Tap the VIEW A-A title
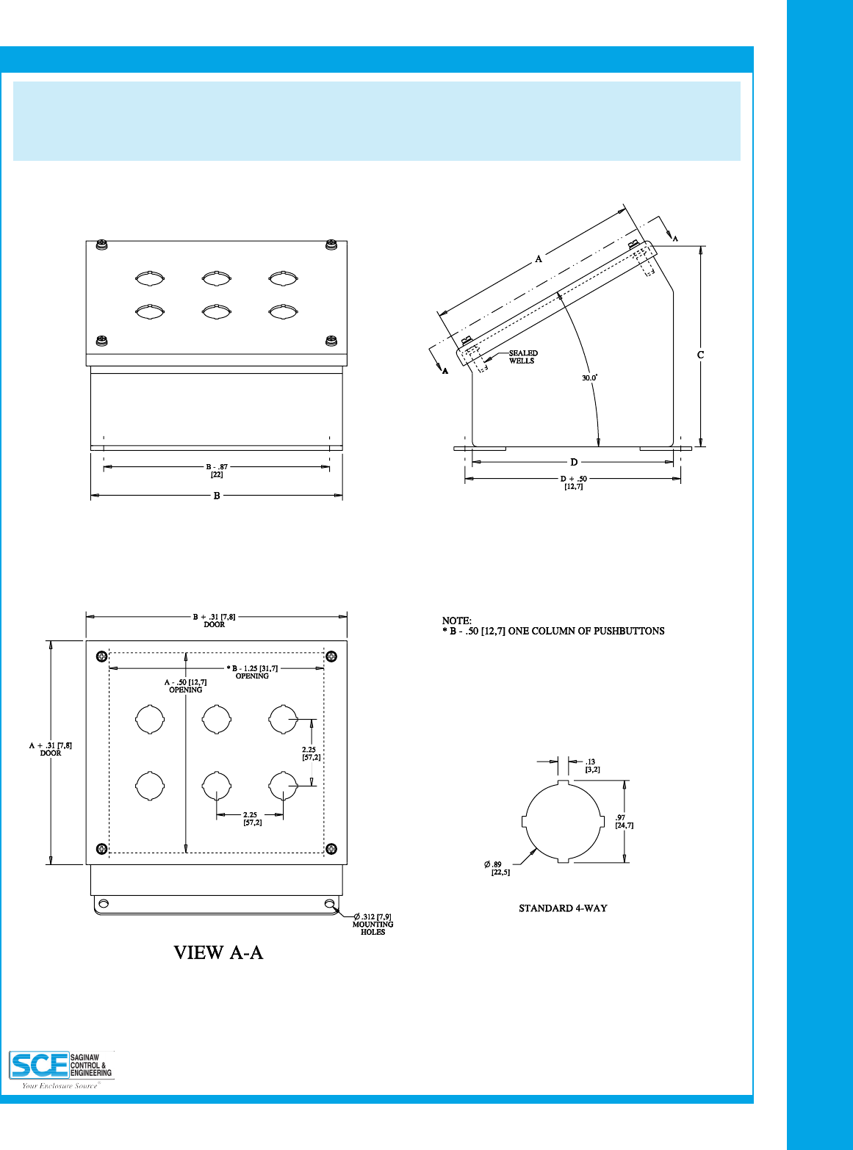point(218,953)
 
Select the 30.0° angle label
point(590,377)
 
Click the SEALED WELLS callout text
point(522,357)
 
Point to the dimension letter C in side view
point(701,355)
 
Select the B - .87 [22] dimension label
point(217,470)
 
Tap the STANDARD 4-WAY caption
point(563,908)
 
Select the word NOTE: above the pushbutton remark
point(456,621)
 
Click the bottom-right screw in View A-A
point(331,849)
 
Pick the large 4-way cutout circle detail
point(562,822)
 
